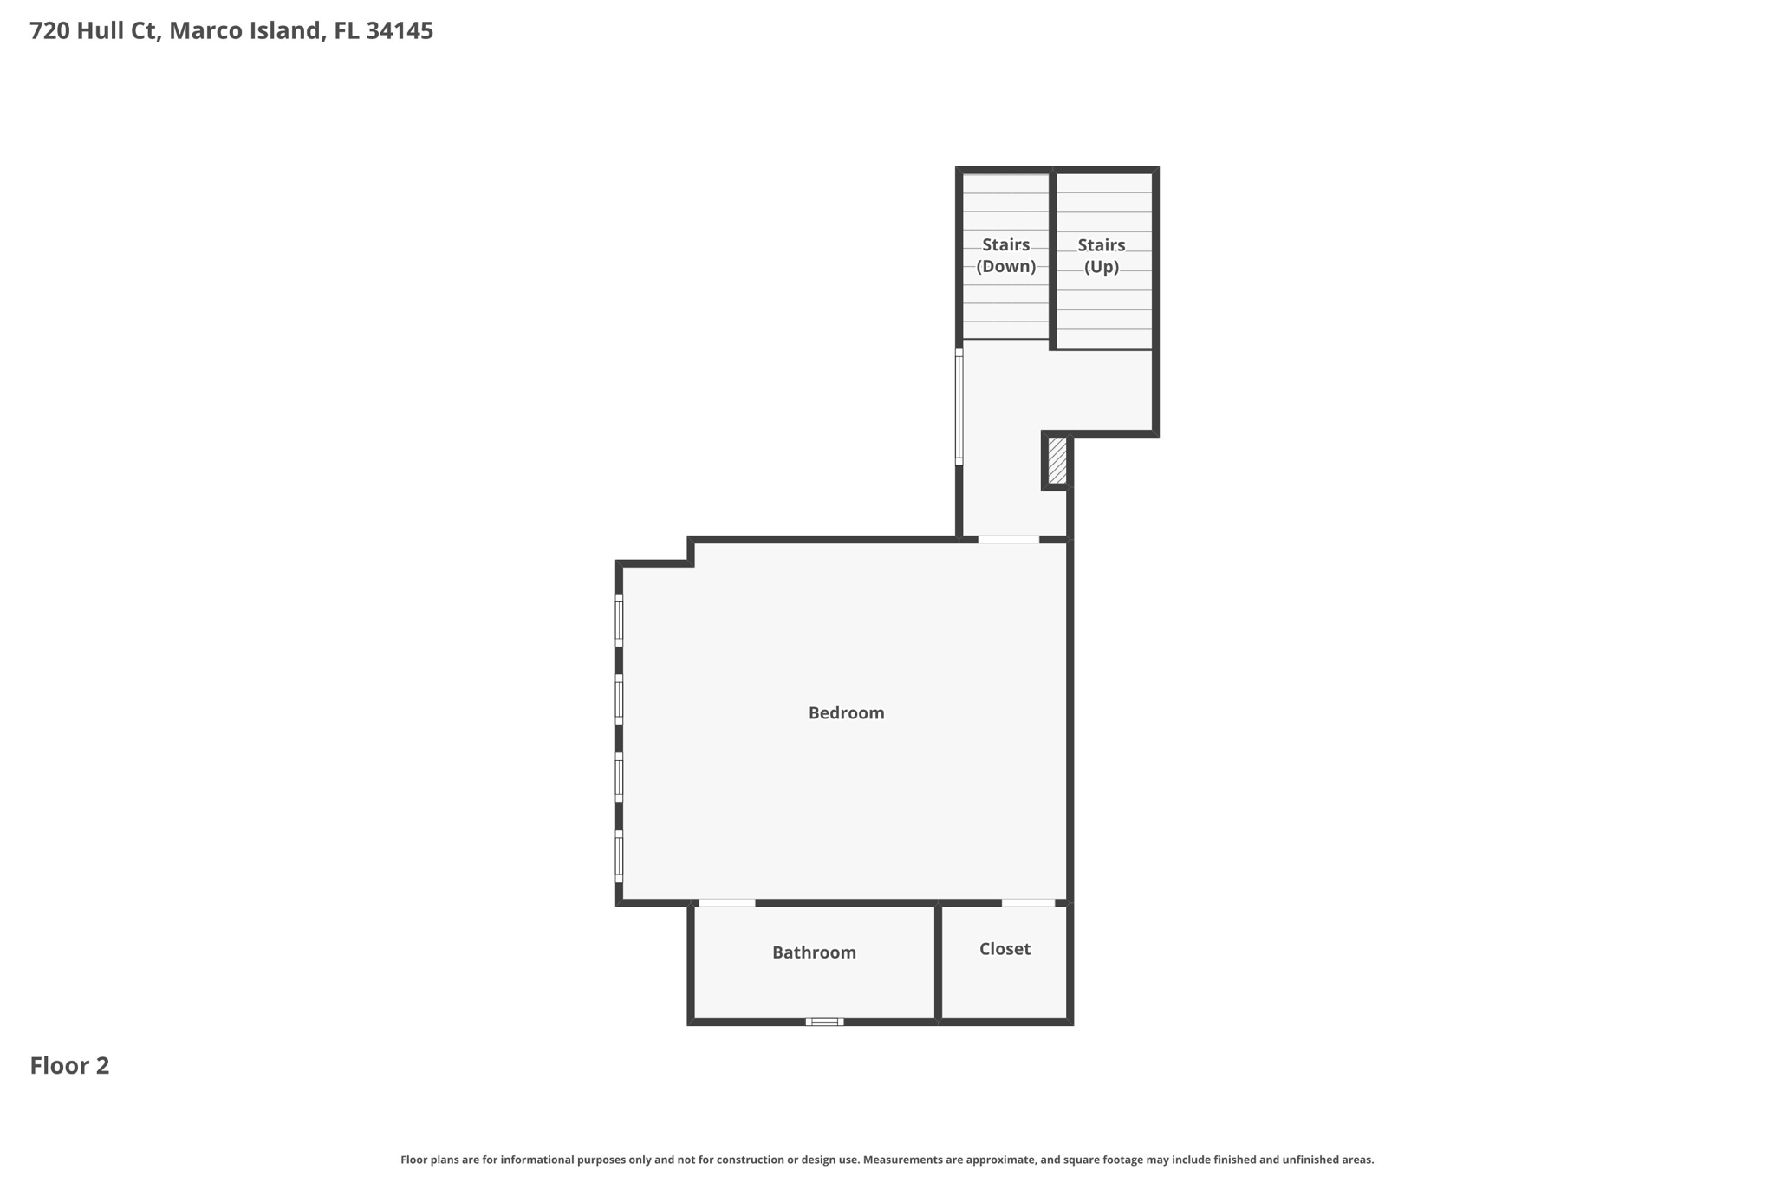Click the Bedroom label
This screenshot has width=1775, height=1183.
[846, 713]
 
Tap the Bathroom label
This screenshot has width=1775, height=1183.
[814, 952]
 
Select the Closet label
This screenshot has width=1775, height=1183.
[1005, 949]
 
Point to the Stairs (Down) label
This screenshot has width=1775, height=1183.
[1005, 256]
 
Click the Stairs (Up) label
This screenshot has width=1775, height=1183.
[1102, 256]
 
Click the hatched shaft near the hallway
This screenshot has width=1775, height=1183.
[1057, 460]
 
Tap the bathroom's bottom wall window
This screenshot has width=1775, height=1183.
[824, 1022]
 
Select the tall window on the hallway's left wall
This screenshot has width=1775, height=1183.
[959, 406]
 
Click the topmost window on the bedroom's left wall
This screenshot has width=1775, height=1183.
[619, 620]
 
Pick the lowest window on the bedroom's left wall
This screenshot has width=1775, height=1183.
[619, 856]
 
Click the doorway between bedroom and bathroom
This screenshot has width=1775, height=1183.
[726, 903]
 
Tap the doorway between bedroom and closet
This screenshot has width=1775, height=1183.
[1028, 903]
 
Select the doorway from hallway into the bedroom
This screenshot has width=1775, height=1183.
[1008, 540]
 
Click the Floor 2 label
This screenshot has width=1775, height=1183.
[69, 1066]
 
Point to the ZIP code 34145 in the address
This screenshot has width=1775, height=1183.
[400, 31]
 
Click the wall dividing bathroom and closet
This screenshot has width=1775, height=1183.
[938, 962]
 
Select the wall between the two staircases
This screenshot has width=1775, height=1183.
[1052, 260]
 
